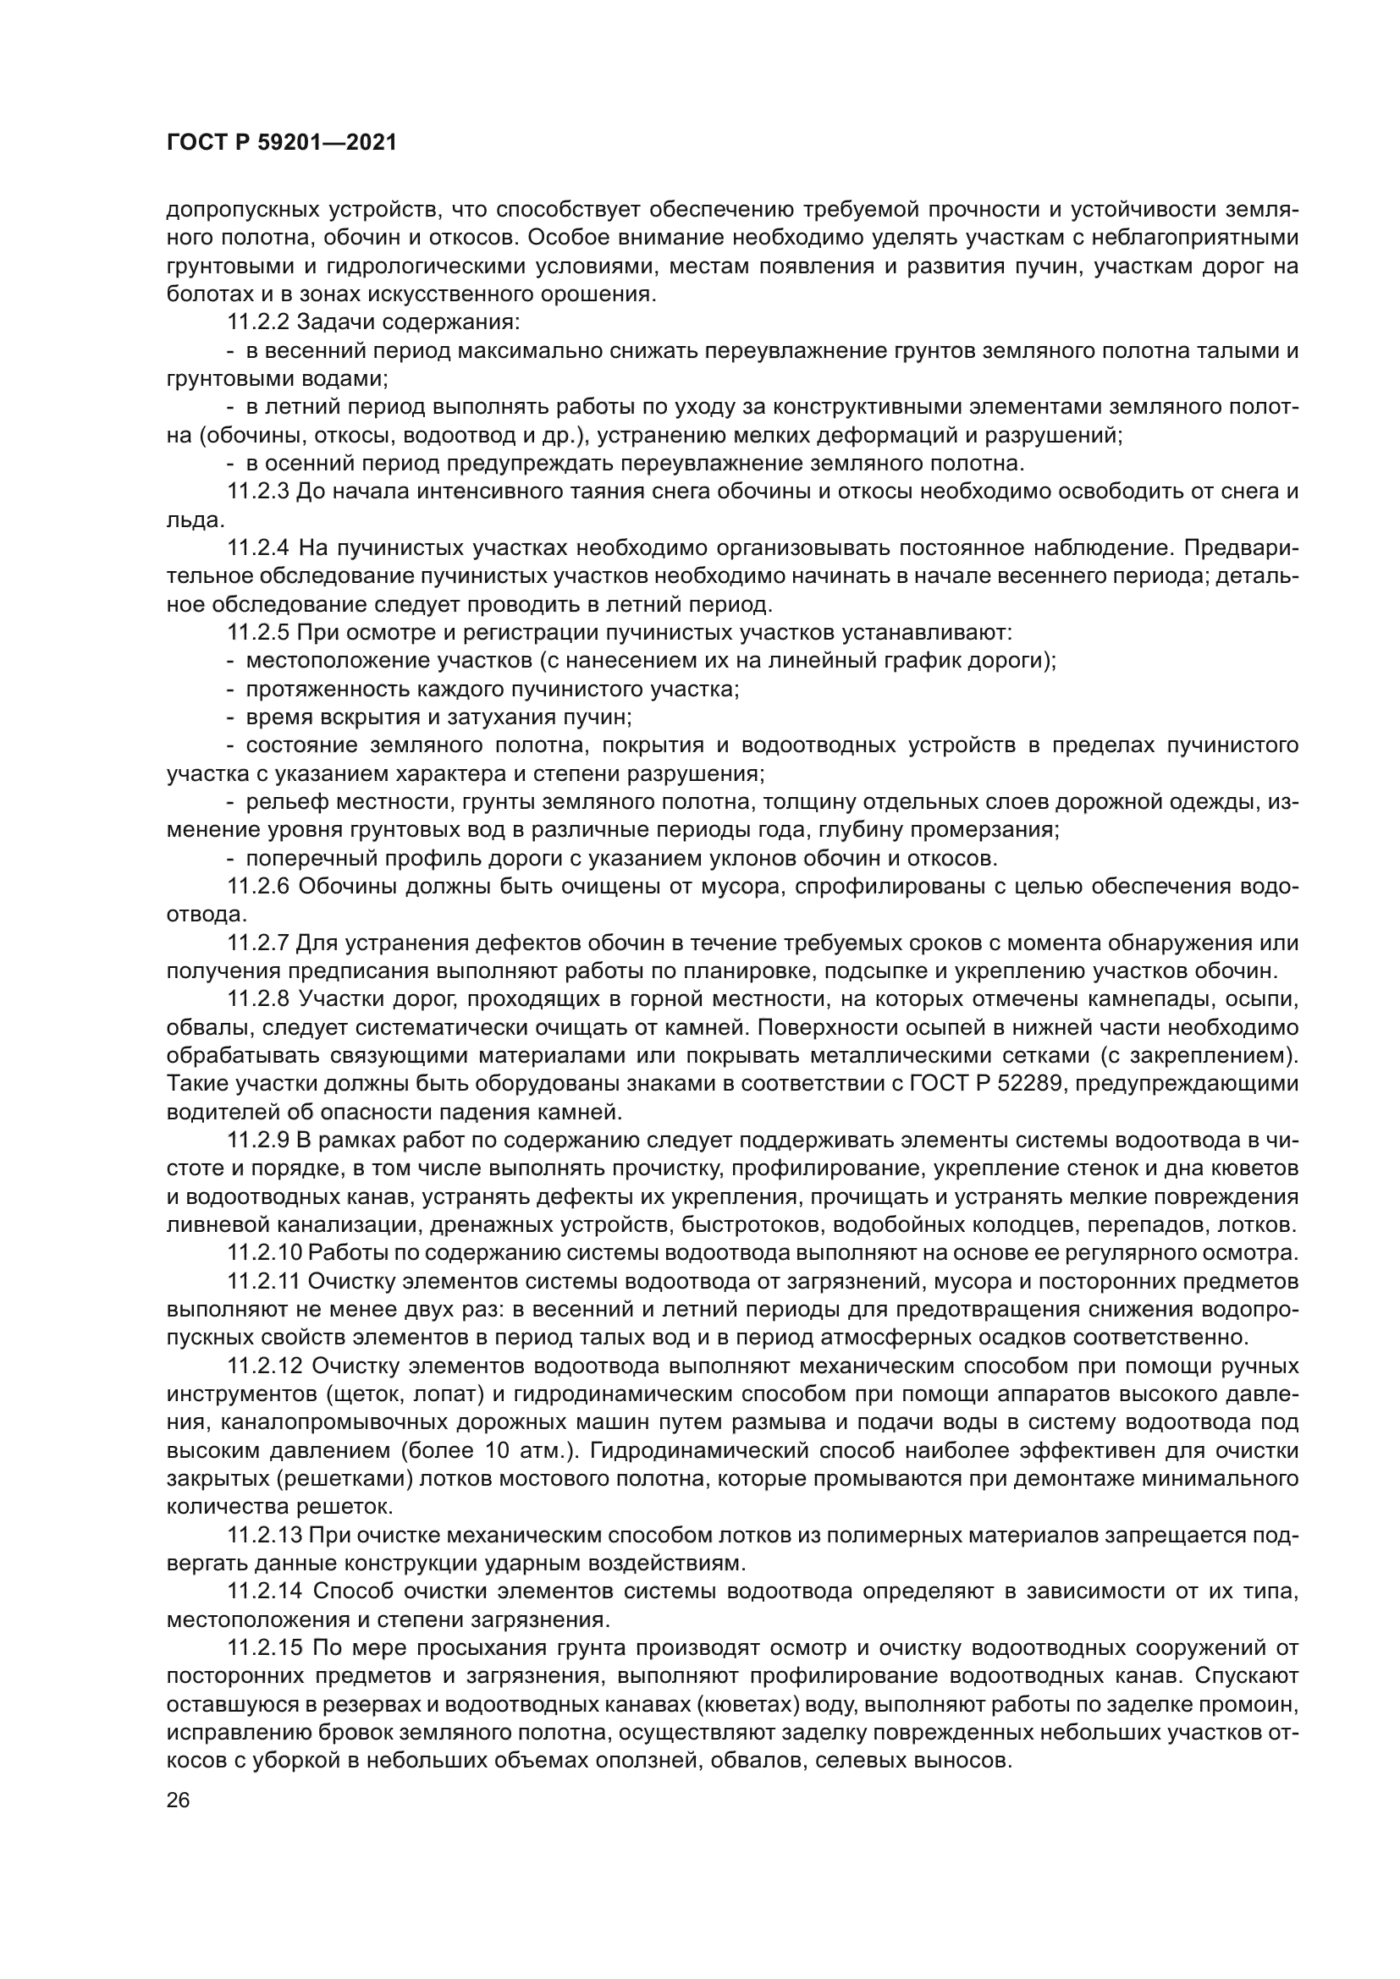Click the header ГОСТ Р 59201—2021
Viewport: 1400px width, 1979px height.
282,143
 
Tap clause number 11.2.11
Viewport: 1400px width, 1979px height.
264,1281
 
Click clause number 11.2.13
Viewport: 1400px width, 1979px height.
264,1535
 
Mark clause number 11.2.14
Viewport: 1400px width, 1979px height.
264,1591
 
